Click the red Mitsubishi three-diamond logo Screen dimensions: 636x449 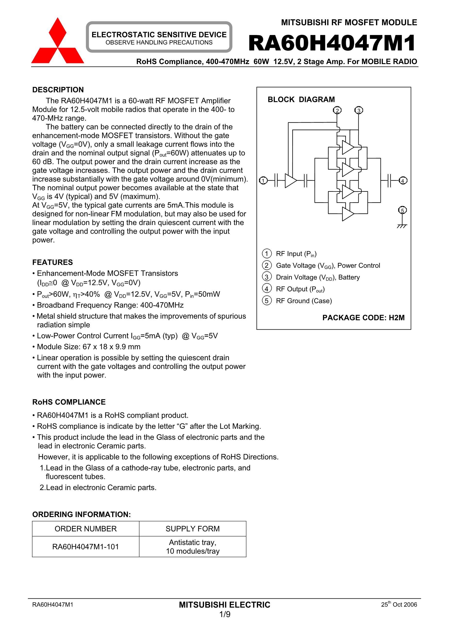57,42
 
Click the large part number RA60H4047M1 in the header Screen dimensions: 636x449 332,43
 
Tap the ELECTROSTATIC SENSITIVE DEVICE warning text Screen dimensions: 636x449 159,35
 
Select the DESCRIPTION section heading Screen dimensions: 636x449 58,90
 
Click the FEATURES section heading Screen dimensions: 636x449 53,262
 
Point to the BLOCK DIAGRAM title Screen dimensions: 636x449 301,100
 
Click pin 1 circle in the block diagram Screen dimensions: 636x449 263,181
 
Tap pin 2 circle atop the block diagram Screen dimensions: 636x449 337,110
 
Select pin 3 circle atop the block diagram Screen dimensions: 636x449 359,110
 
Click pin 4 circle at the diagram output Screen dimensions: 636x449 403,181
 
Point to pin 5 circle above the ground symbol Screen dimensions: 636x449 402,210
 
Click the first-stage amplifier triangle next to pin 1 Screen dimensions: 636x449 290,181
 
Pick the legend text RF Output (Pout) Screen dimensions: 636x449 300,289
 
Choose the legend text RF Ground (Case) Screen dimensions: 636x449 304,301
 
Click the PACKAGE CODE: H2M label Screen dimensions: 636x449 363,318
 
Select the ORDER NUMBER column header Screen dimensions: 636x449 86,529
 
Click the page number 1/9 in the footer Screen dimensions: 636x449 225,614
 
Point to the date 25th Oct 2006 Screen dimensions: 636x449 399,604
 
